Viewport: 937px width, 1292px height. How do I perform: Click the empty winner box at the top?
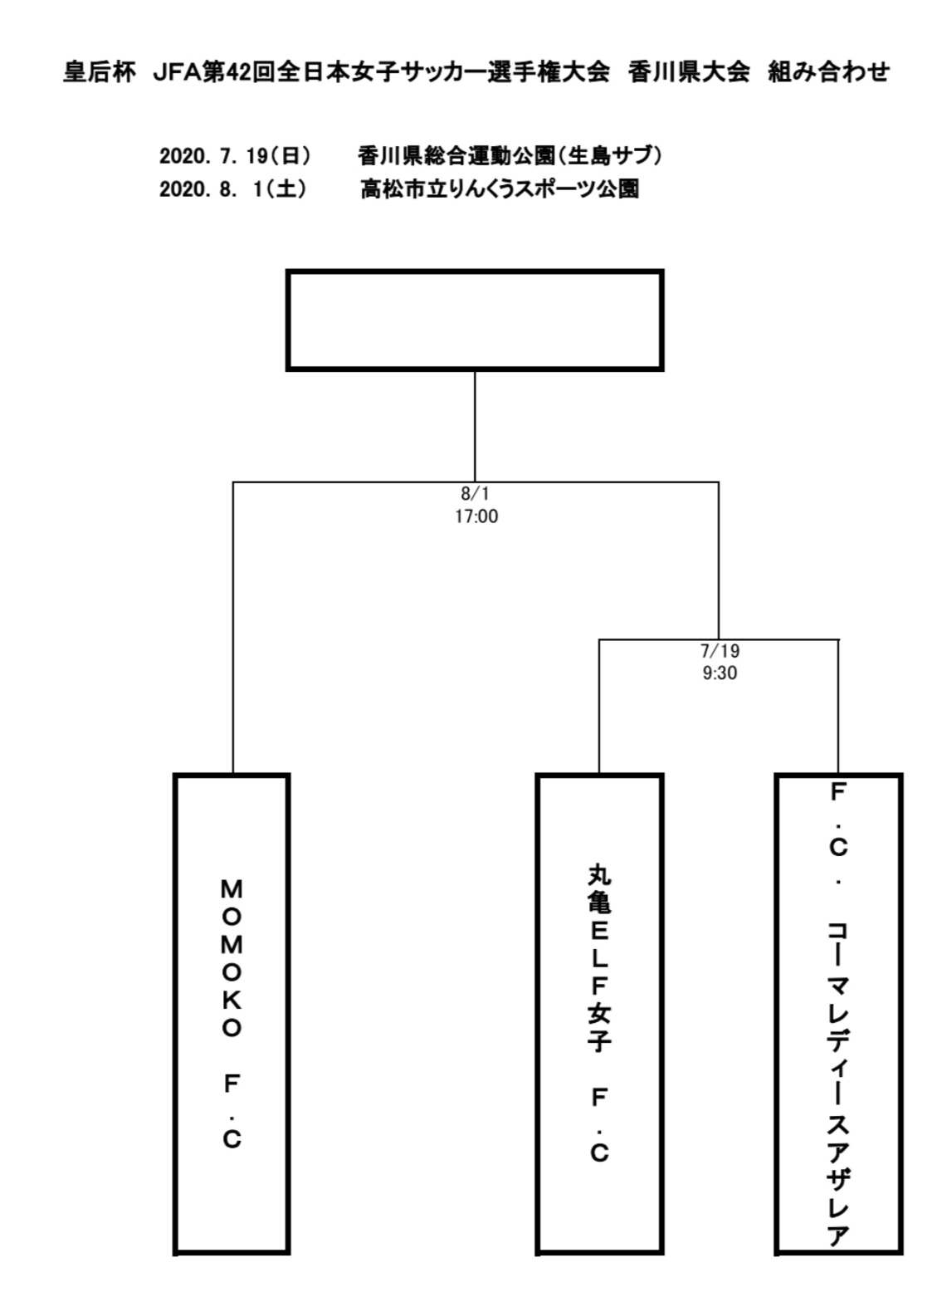tap(475, 320)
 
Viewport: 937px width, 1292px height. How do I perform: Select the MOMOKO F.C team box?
tap(232, 1014)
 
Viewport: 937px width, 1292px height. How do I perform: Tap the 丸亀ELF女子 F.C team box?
tap(599, 1014)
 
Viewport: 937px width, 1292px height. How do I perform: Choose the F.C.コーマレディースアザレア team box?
tap(837, 1014)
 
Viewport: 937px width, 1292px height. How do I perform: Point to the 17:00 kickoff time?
tap(476, 516)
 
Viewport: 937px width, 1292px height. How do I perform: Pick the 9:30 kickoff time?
tap(719, 673)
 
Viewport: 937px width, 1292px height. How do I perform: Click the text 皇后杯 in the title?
tap(99, 73)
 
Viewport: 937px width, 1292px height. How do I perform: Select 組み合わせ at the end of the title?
tap(828, 73)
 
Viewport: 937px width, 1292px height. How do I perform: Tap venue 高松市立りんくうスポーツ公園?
tap(500, 189)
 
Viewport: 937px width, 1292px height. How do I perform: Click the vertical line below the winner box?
tap(475, 425)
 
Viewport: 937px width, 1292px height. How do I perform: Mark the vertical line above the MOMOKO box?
tap(233, 631)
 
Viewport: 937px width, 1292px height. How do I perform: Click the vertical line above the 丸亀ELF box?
tap(599, 706)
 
